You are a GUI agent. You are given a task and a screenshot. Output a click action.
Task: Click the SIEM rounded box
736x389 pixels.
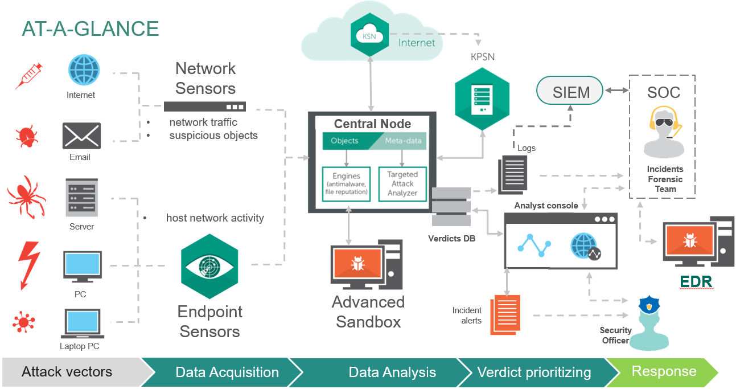point(571,92)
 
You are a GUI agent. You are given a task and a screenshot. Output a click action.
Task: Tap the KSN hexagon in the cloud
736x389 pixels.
point(370,35)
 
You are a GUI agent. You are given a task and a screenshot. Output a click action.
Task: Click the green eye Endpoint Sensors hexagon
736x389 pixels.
point(209,265)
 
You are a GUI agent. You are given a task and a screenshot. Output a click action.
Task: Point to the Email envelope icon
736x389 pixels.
point(81,136)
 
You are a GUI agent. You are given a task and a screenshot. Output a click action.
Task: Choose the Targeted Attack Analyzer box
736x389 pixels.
point(402,183)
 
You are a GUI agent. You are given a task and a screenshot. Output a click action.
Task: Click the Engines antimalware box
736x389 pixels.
point(346,183)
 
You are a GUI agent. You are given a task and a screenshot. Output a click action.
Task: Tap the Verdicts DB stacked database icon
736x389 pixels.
point(451,208)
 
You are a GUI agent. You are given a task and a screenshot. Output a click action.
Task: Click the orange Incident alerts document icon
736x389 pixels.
point(506,313)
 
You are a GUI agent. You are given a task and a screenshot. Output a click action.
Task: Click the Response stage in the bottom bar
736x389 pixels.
point(664,372)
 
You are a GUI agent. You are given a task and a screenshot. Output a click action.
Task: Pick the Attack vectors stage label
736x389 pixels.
point(67,372)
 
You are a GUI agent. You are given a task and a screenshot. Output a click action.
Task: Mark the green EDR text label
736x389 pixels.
point(696,282)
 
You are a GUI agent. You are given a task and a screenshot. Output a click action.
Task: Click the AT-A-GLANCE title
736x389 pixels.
point(90,29)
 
